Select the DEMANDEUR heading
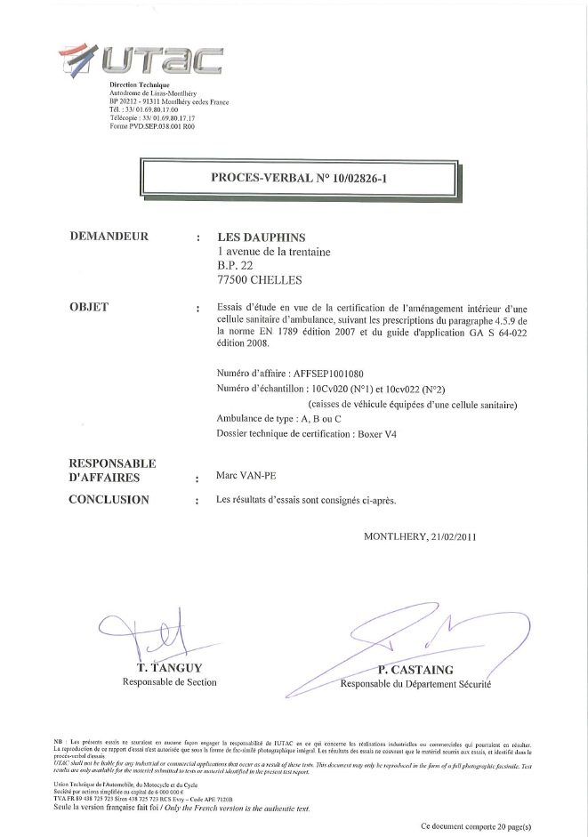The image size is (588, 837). tap(109, 237)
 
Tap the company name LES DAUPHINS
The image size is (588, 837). tap(262, 237)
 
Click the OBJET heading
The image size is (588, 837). tap(89, 307)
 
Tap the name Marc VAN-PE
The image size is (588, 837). tap(247, 476)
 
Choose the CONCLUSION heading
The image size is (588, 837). tap(109, 500)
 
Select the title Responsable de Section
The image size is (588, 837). tap(169, 681)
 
